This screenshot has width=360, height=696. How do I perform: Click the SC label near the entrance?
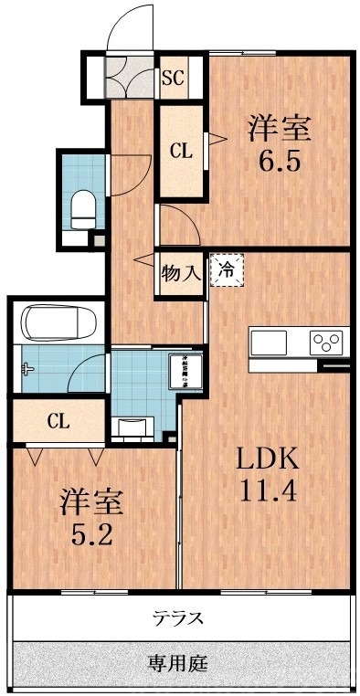tap(174, 78)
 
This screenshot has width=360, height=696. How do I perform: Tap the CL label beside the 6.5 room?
tap(181, 152)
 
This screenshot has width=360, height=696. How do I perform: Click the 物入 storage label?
tap(181, 271)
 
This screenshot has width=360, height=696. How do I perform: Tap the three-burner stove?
tap(326, 343)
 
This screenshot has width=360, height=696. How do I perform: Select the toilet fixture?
tap(82, 208)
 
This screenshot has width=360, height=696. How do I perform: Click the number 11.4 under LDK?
tap(268, 492)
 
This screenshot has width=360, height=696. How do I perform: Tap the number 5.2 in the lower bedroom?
tap(91, 532)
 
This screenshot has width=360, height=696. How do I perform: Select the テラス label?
tap(180, 618)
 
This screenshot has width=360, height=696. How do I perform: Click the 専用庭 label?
tap(180, 662)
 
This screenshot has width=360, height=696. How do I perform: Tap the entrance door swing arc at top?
tap(128, 37)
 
